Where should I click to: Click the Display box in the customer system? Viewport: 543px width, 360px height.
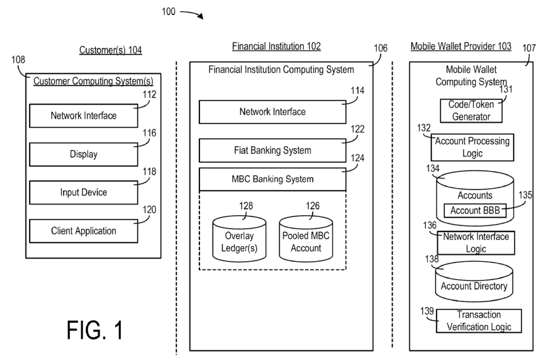83,154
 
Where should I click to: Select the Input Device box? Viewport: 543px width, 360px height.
83,192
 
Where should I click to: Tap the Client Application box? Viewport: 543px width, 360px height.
83,231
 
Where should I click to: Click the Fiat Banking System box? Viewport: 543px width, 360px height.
273,151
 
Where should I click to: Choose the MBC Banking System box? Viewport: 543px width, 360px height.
273,179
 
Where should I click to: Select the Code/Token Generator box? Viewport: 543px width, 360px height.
469,111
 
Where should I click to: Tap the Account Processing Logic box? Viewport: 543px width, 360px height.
472,147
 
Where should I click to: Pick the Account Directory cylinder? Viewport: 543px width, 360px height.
474,284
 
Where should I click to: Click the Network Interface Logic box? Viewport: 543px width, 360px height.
476,242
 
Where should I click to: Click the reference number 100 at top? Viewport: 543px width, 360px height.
168,12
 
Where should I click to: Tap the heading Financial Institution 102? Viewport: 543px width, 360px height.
276,47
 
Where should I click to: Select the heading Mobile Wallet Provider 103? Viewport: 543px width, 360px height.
461,47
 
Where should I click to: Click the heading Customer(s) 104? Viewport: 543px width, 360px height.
111,50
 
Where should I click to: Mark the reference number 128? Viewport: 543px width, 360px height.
246,206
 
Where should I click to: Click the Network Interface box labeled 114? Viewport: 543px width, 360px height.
273,112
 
